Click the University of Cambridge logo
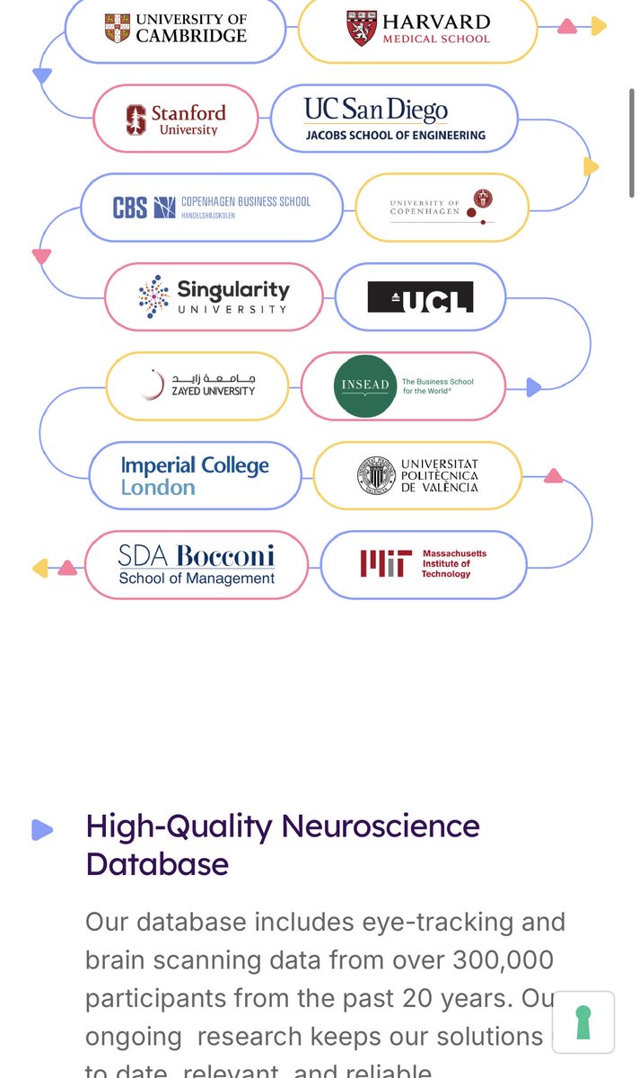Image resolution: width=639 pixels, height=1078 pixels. pos(175,28)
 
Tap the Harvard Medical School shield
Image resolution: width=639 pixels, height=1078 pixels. pos(362,28)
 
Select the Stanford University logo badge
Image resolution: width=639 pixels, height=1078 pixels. pos(176,119)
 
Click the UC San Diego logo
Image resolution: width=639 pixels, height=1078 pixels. pos(394,119)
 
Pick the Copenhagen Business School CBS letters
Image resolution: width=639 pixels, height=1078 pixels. pos(130,208)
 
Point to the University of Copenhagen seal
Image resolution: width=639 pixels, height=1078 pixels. pos(484,199)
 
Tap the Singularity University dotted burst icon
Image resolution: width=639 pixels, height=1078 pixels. pos(154,296)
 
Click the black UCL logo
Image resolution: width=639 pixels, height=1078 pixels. pos(420,297)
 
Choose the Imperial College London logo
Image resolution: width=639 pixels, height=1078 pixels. pos(195,476)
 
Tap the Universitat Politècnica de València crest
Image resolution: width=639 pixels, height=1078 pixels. pos(376,475)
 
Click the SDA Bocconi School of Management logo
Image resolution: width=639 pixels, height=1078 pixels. pos(197,564)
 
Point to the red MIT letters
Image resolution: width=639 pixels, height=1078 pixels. pos(386,563)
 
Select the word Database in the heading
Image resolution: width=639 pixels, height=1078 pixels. pos(157,864)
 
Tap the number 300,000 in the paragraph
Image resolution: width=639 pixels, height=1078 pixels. pos(489,960)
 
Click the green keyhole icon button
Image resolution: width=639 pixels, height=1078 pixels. pos(583,1021)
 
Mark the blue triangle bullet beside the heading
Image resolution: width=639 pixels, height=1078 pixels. pos(42,830)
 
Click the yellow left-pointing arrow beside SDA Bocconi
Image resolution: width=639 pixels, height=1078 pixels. pos(39,568)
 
